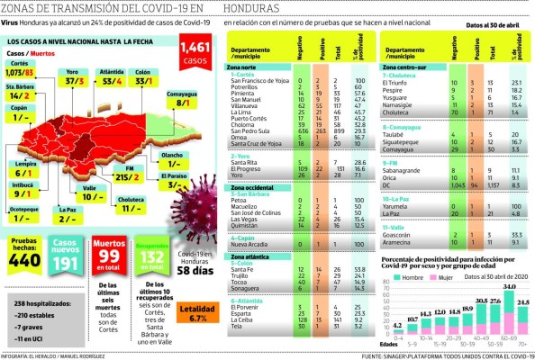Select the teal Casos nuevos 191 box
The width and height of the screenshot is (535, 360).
[65, 254]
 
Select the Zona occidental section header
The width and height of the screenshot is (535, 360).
[255, 184]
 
